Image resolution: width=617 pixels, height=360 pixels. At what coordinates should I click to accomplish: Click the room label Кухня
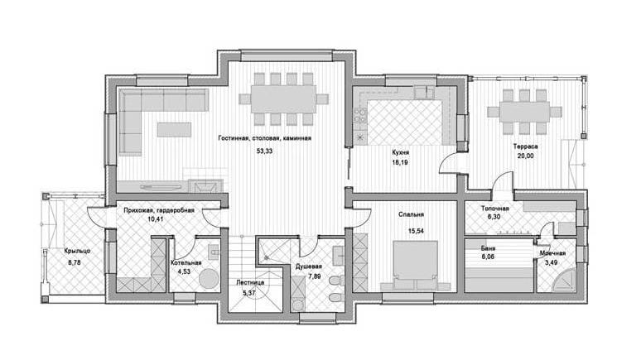(x=400, y=152)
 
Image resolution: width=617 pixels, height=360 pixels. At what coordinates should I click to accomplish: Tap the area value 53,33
(x=264, y=151)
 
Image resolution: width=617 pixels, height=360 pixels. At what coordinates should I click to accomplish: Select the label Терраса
(x=525, y=146)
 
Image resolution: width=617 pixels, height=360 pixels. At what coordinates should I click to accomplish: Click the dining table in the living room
(x=283, y=98)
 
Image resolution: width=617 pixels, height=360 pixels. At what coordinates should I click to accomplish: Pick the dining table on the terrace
(x=524, y=112)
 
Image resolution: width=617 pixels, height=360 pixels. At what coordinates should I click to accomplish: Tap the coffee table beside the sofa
(x=174, y=130)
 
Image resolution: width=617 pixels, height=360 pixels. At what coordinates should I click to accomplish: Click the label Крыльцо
(x=78, y=251)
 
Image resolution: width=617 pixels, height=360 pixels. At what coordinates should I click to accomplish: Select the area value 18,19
(x=399, y=162)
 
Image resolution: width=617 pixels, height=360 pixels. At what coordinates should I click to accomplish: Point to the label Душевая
(x=308, y=266)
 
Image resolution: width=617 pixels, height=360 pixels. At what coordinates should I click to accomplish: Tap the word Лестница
(x=250, y=282)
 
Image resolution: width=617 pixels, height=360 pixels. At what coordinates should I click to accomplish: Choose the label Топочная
(x=495, y=209)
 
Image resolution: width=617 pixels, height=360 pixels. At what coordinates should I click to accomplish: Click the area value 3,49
(x=551, y=263)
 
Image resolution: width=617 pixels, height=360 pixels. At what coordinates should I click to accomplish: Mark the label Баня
(x=488, y=248)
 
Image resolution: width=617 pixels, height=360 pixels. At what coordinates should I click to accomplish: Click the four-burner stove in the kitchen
(x=359, y=114)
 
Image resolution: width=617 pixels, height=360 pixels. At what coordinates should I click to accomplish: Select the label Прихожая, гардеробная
(x=159, y=210)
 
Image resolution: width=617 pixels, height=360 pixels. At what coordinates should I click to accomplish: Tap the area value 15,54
(x=416, y=231)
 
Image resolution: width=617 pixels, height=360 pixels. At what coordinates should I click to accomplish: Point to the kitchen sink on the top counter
(x=424, y=92)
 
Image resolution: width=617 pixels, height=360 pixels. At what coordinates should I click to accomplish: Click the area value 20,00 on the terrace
(x=526, y=156)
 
